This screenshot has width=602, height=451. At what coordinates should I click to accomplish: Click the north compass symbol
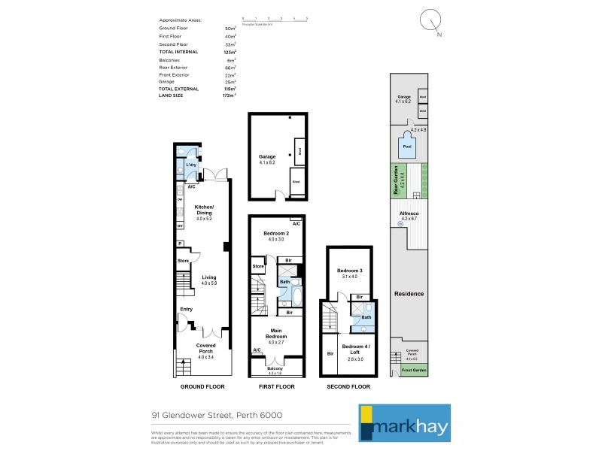(432, 20)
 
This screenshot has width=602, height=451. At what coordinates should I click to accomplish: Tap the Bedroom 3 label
(349, 274)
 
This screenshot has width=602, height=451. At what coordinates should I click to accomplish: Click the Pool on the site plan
(407, 147)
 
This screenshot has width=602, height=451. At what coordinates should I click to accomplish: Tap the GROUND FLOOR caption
(203, 386)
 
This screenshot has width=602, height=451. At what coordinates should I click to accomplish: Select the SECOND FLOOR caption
(349, 386)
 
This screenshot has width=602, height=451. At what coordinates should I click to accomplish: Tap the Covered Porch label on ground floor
(205, 349)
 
